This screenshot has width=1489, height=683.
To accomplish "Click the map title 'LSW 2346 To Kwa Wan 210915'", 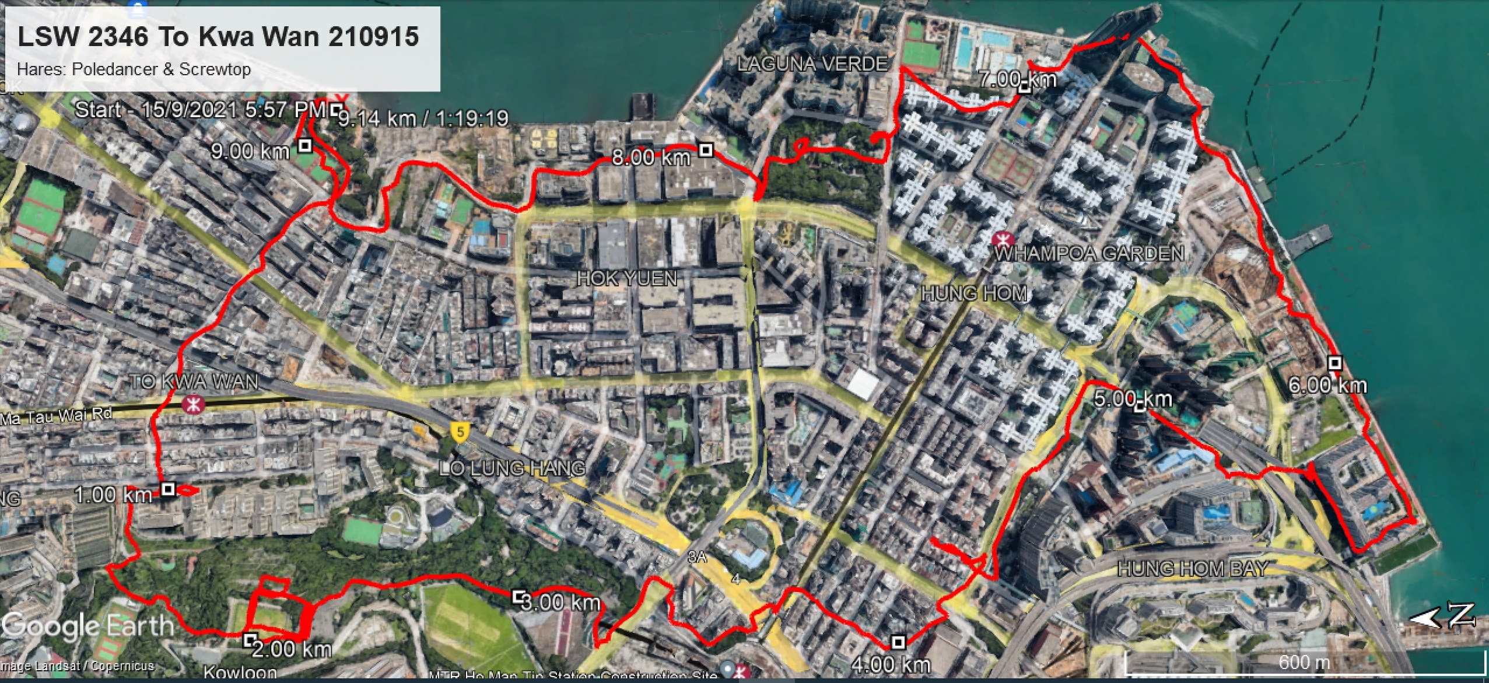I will (x=218, y=36).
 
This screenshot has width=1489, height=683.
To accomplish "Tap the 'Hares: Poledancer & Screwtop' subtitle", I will (x=134, y=69).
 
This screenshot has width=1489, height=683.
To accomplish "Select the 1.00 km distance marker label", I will (x=113, y=496).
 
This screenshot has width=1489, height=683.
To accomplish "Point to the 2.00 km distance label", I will (x=292, y=649).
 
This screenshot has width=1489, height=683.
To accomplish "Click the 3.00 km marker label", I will (x=560, y=603).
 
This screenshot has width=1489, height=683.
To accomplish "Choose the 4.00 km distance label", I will (x=891, y=665).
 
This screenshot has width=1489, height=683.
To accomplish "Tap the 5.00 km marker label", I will (x=1133, y=400).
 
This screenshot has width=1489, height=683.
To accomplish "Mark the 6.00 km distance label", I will (x=1327, y=386).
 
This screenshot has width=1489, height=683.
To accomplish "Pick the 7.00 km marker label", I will (x=1017, y=79).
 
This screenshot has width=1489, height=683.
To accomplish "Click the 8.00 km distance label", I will (x=651, y=157).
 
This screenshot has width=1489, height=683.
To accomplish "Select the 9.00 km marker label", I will (x=250, y=152).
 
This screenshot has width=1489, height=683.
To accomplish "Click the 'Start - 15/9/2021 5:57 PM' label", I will (x=200, y=110).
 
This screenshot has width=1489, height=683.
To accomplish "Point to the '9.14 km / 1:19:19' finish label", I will (x=423, y=119).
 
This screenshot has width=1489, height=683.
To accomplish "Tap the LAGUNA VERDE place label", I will (x=812, y=64).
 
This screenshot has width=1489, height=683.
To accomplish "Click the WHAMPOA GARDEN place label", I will (x=1089, y=254).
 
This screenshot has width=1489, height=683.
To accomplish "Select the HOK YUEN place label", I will (x=627, y=279).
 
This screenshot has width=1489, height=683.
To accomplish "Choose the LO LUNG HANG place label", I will (x=512, y=468).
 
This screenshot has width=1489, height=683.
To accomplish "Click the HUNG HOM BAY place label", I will (x=1193, y=569).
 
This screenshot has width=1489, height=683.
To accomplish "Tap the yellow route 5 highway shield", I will (x=461, y=433).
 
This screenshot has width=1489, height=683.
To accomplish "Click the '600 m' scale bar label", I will (x=1304, y=663).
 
